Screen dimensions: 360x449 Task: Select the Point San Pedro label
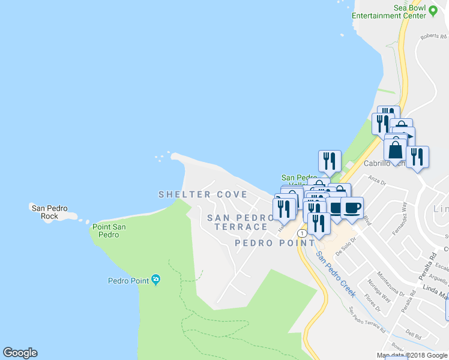click(109, 230)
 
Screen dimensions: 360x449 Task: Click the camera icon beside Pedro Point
click(156, 280)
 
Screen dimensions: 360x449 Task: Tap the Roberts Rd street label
click(434, 36)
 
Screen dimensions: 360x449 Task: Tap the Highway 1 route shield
click(301, 232)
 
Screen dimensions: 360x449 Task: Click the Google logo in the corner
click(20, 353)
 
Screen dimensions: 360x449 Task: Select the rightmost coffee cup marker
click(352, 208)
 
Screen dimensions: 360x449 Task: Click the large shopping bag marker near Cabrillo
click(396, 149)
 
